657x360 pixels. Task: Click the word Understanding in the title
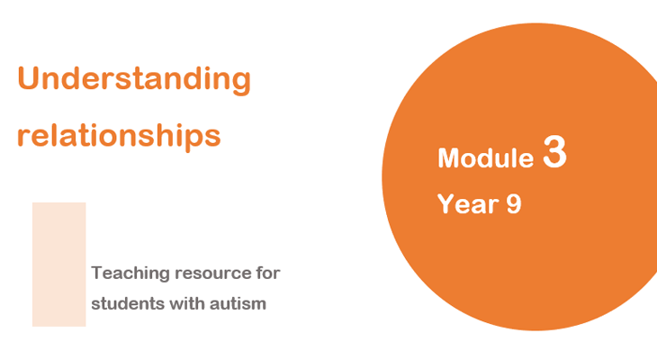(x=134, y=79)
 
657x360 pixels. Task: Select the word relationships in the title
(x=119, y=135)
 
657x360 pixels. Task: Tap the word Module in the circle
(x=486, y=158)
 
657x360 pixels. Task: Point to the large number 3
(x=554, y=151)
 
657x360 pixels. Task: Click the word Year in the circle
(x=468, y=203)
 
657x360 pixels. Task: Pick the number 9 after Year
(x=514, y=204)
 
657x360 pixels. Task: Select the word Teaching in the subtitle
(x=130, y=274)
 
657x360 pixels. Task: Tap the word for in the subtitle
(x=267, y=273)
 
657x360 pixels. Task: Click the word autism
(x=238, y=303)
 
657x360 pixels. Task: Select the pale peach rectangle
(x=59, y=265)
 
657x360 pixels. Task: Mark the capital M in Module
(x=449, y=158)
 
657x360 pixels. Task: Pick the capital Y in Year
(x=446, y=203)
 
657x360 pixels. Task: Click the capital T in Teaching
(x=97, y=273)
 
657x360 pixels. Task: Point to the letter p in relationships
(x=194, y=139)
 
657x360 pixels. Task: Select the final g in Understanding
(x=240, y=83)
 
